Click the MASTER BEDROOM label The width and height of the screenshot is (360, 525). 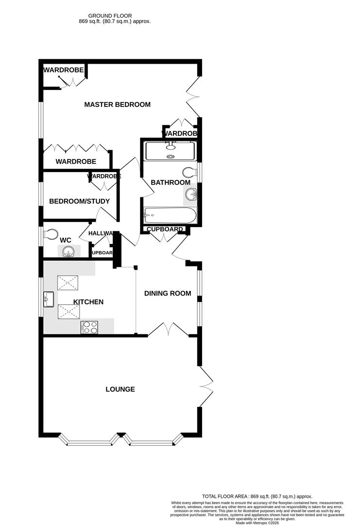tap(117, 105)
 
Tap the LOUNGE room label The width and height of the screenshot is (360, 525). tap(120, 389)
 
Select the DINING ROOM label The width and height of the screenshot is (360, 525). tap(167, 294)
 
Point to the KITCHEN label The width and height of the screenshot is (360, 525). tap(88, 302)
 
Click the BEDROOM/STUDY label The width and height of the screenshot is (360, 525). tap(80, 201)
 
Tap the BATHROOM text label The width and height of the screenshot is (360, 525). tap(171, 182)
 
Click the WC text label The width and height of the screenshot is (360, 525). tap(66, 240)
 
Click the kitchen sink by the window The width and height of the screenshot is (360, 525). tap(49, 299)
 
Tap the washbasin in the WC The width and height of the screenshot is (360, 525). tap(68, 251)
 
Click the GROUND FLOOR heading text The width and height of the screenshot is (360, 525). tap(110, 16)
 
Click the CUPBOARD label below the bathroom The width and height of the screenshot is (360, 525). tap(165, 229)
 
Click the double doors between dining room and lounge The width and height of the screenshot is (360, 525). tap(168, 329)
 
